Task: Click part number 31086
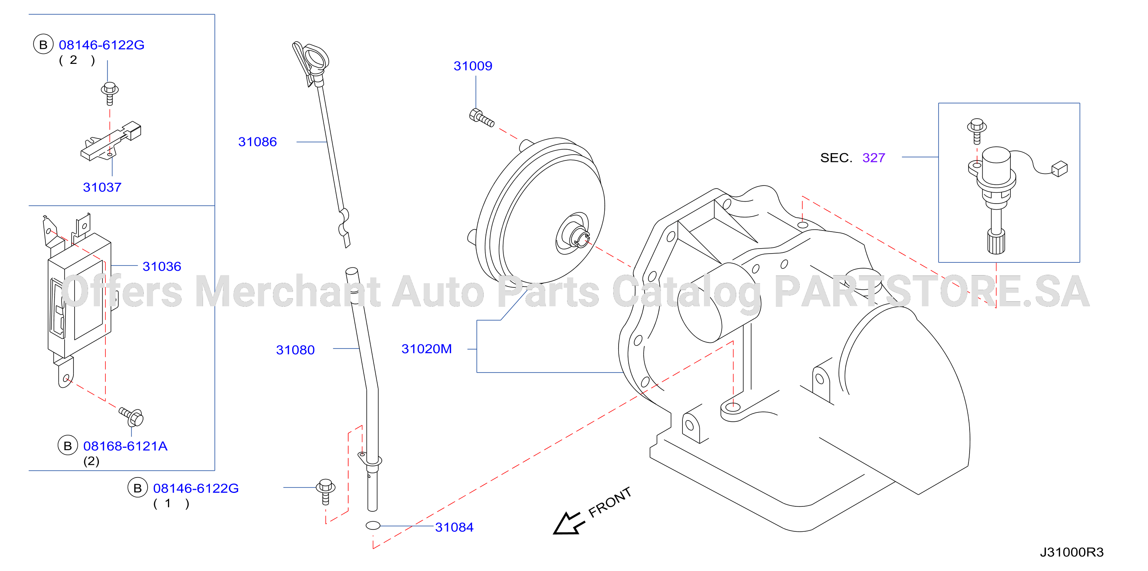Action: pos(258,142)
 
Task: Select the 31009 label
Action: pos(473,66)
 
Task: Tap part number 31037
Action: pos(102,187)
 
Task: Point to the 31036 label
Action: pos(162,266)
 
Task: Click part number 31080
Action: pos(296,350)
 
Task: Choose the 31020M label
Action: pos(426,349)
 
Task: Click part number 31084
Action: pos(454,527)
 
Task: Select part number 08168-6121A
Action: pos(125,446)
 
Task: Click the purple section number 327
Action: pos(873,158)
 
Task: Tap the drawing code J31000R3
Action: pos(1072,552)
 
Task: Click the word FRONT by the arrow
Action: pos(610,502)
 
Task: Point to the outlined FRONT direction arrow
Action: pos(567,523)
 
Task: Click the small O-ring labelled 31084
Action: pos(373,526)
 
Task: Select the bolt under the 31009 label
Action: pos(482,118)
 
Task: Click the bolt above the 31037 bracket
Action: pos(110,93)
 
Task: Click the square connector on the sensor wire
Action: pos(1059,169)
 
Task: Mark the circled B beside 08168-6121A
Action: pos(68,446)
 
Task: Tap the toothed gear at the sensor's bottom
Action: pos(996,241)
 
